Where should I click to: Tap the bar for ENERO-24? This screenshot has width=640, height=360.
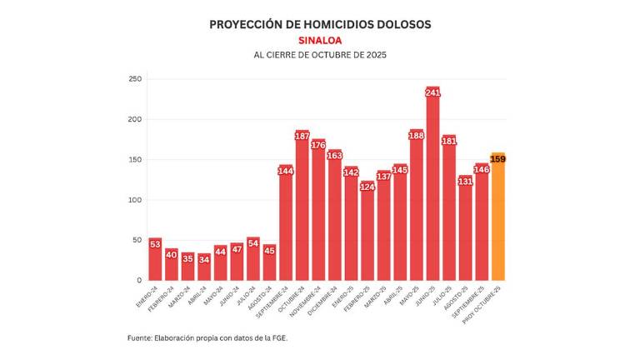tap(155, 260)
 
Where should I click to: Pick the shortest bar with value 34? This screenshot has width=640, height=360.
tap(204, 268)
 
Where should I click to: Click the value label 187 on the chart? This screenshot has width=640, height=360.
tap(302, 136)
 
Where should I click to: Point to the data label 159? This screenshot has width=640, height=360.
tap(498, 158)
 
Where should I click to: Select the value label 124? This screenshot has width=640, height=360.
tap(367, 187)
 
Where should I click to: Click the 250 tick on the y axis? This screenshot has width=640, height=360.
tap(134, 79)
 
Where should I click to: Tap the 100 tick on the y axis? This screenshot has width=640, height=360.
tap(134, 200)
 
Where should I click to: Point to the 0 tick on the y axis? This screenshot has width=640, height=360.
tap(139, 280)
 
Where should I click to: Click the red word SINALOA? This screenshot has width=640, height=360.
tap(320, 40)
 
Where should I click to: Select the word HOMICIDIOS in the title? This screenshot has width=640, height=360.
tap(322, 24)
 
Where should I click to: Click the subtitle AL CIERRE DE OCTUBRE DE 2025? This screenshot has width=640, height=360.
tap(320, 55)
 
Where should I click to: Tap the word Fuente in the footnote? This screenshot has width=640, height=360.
tap(139, 337)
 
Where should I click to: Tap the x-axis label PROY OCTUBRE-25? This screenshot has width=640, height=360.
tap(486, 302)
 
